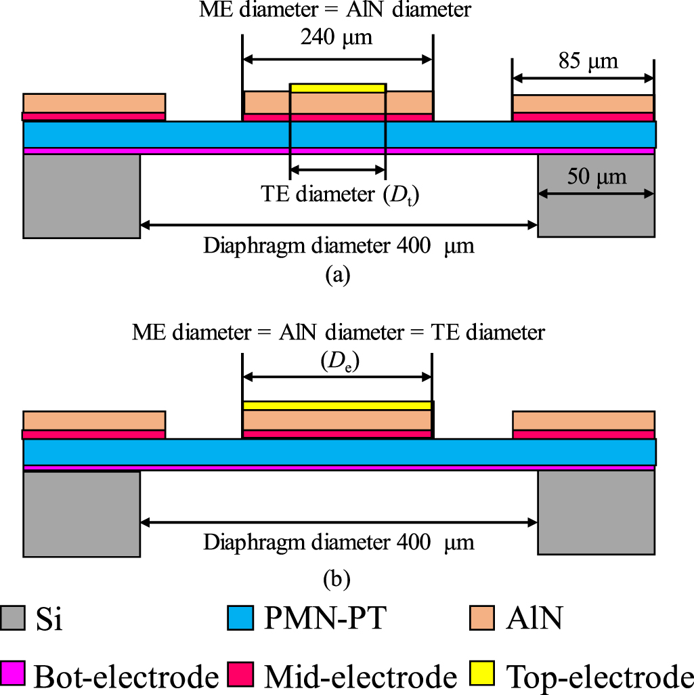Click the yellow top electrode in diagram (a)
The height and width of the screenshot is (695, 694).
[x=338, y=87]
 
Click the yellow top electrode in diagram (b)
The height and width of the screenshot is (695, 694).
[x=337, y=405]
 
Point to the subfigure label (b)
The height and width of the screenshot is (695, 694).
[x=337, y=578]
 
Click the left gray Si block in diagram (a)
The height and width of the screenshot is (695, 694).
[x=81, y=196]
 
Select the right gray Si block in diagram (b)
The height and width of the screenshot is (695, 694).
[x=596, y=513]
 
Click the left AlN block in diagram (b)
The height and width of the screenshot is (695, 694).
[x=94, y=420]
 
